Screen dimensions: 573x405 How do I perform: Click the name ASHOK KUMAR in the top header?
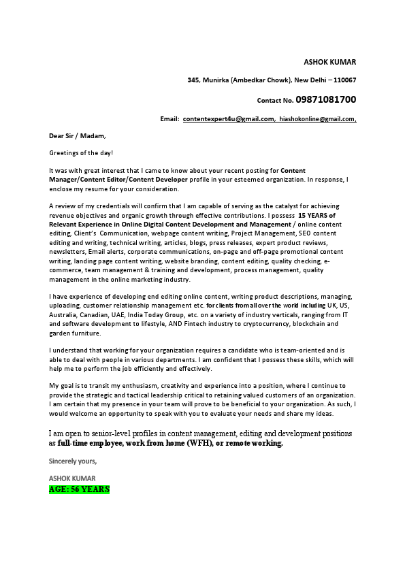click(329, 62)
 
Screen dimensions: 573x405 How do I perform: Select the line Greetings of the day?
click(81, 153)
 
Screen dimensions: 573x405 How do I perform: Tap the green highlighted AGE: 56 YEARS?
click(79, 489)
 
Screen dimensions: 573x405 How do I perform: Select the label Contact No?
click(275, 101)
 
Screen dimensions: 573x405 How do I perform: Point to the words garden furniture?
click(75, 333)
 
